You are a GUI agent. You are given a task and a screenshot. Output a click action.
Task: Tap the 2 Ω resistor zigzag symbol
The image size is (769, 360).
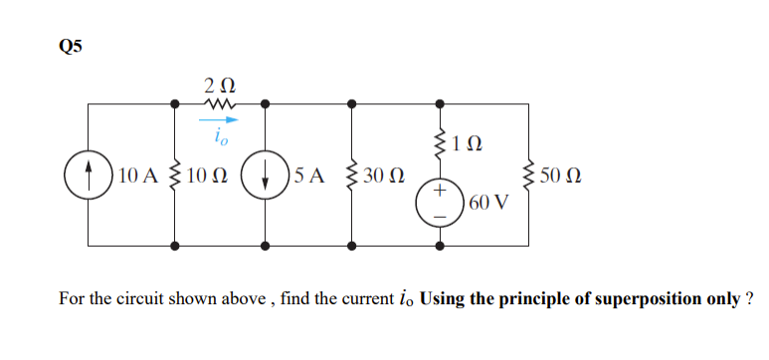pyautogui.click(x=219, y=101)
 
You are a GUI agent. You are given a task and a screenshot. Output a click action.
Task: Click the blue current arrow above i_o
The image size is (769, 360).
pyautogui.click(x=221, y=118)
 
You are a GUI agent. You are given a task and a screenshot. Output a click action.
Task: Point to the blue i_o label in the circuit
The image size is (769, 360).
pyautogui.click(x=220, y=133)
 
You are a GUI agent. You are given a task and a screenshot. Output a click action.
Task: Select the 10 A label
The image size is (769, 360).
pyautogui.click(x=135, y=177)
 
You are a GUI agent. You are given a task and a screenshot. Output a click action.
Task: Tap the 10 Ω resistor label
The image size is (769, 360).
pyautogui.click(x=206, y=177)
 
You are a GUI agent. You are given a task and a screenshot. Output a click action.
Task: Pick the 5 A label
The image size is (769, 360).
pyautogui.click(x=309, y=177)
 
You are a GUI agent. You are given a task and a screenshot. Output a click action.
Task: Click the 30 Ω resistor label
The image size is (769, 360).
pyautogui.click(x=385, y=177)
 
